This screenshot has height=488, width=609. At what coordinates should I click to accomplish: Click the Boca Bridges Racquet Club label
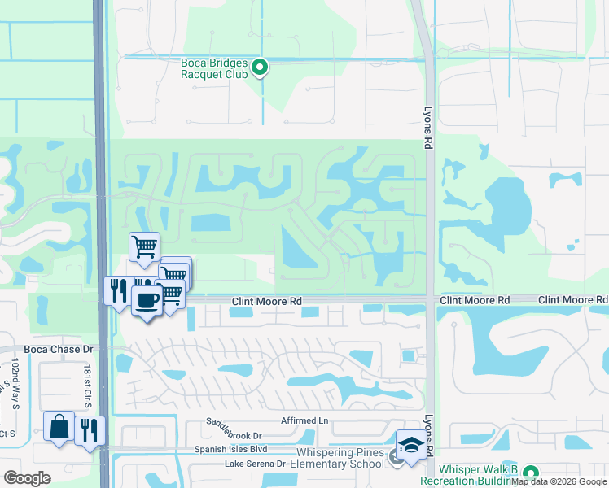216,67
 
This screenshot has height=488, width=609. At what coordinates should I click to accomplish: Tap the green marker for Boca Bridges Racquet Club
260,68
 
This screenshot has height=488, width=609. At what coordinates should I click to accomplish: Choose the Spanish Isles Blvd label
230,449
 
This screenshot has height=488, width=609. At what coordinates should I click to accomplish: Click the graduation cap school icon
411,446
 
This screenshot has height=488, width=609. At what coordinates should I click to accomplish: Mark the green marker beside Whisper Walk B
531,473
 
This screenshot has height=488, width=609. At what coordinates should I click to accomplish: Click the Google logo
28,478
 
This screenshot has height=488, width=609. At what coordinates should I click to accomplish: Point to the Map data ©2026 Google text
559,481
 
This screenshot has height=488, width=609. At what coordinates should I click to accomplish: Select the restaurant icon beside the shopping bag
90,428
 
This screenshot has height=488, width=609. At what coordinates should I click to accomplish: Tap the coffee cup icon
147,300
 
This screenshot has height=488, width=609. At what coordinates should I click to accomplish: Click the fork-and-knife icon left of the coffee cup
118,290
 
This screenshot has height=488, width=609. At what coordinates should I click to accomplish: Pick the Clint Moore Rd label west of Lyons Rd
266,301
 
